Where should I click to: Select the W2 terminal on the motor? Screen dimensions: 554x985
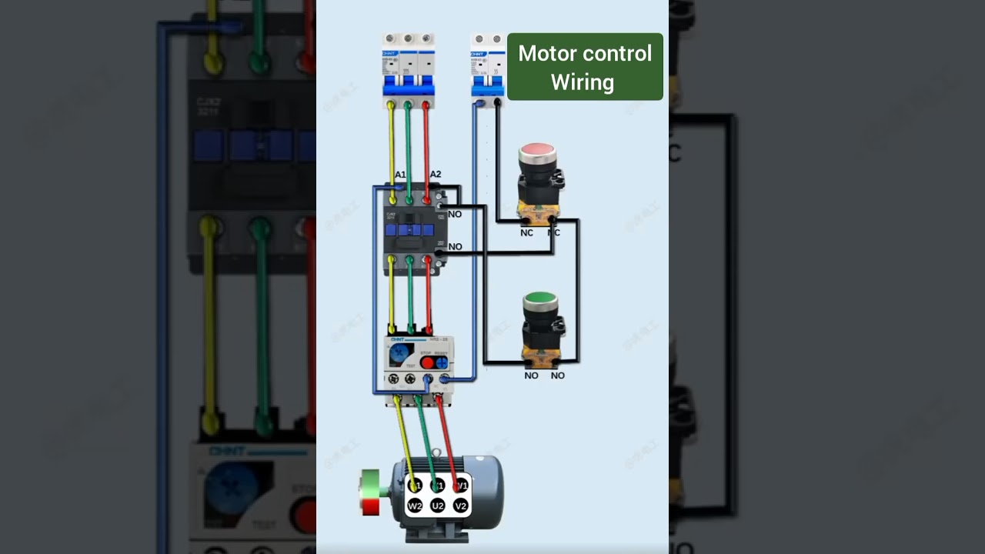tap(415, 506)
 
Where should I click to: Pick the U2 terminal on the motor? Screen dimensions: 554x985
tap(438, 506)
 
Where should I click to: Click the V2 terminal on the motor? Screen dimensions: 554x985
tap(460, 506)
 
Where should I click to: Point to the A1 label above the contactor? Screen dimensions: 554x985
tap(400, 175)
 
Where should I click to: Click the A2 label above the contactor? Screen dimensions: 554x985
tap(436, 175)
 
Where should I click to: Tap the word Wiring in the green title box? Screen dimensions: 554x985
tap(583, 82)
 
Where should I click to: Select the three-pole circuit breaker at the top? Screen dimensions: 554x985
tap(409, 65)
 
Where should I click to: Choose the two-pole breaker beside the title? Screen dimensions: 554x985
tap(487, 65)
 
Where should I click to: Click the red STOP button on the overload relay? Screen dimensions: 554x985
tap(427, 362)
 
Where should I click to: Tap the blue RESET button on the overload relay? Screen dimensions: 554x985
tap(442, 362)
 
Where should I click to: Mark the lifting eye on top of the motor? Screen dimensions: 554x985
tap(436, 453)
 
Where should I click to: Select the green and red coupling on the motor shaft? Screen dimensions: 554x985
tap(370, 492)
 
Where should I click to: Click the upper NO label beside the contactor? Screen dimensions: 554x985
tap(455, 214)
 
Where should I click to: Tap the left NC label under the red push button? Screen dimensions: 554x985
tap(526, 233)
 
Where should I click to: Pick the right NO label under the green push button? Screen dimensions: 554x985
tap(558, 375)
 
